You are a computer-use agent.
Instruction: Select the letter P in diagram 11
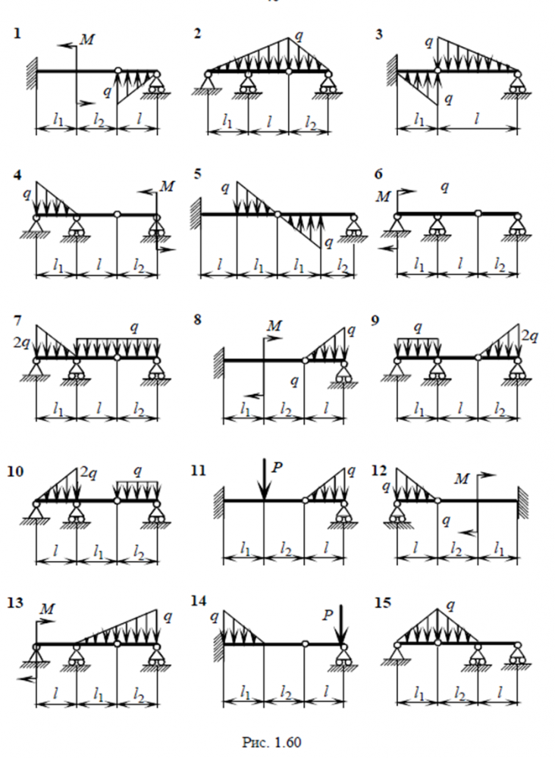(x=277, y=468)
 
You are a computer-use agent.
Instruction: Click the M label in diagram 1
(x=87, y=39)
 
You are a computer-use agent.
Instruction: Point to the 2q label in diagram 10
(x=89, y=475)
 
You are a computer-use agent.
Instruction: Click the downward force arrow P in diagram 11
(x=263, y=480)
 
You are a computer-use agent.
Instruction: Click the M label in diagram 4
(x=168, y=186)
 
